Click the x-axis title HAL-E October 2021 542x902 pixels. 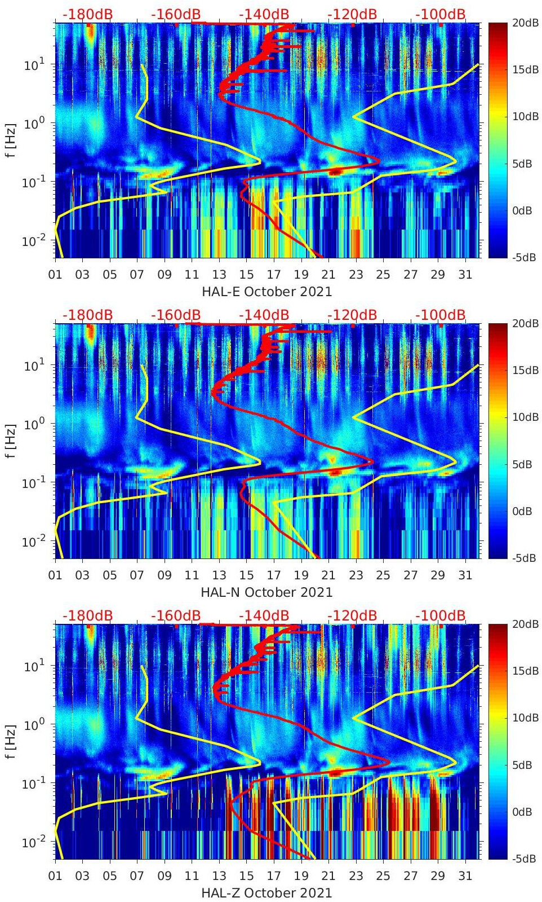[x=266, y=292]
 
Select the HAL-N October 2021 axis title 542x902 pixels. [x=266, y=592]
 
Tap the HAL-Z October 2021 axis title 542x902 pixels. [x=266, y=893]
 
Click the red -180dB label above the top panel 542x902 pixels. [x=87, y=14]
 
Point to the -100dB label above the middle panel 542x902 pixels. [x=441, y=315]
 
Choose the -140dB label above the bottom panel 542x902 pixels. [x=264, y=615]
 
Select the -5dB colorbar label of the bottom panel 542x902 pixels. [x=525, y=859]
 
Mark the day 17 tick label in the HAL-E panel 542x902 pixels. [x=274, y=275]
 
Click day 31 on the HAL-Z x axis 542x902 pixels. [x=465, y=876]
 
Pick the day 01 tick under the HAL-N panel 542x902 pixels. [x=55, y=575]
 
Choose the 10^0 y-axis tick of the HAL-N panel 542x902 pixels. [x=34, y=424]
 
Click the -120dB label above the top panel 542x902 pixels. [x=352, y=14]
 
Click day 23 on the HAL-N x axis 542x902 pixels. [x=356, y=575]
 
